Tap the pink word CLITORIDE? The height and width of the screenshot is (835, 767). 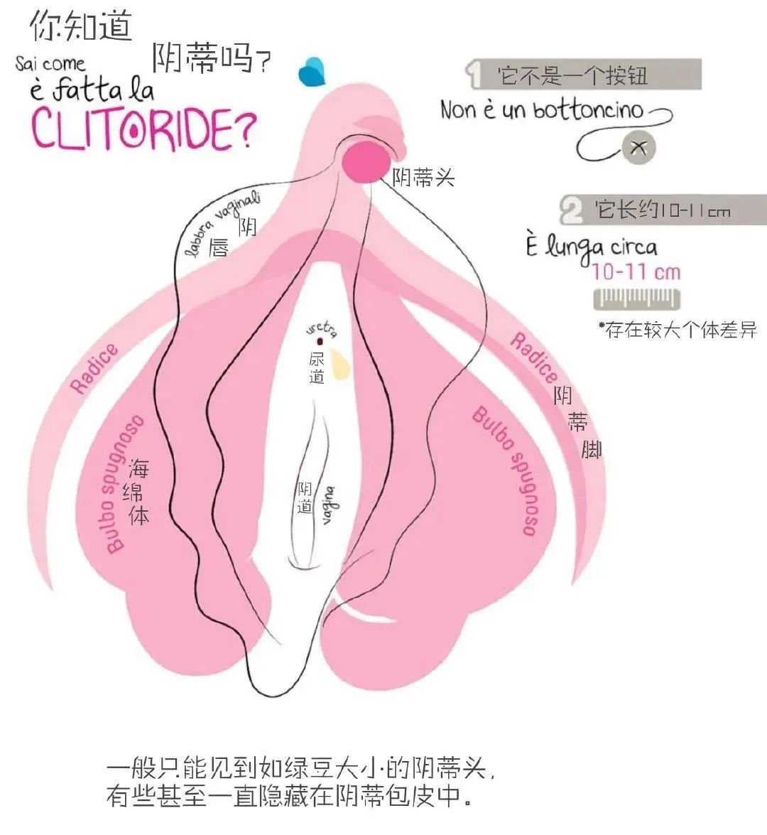point(142,127)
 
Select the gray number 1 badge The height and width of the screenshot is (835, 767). point(474,74)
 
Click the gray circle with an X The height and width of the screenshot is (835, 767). point(638,147)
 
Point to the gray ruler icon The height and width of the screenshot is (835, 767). point(636,299)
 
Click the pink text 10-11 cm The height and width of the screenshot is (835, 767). point(636,271)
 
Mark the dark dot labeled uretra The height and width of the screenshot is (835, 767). point(320,342)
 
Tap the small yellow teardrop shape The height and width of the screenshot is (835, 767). point(341,364)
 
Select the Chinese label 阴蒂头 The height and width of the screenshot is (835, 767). point(423,177)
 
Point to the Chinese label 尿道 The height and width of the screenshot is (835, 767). point(317,367)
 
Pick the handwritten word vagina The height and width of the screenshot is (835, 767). point(329,505)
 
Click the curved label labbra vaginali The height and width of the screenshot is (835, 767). point(222,224)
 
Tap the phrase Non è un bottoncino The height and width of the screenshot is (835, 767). point(541,110)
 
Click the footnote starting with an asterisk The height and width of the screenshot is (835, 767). point(677,330)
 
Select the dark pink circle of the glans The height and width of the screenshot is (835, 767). point(365,161)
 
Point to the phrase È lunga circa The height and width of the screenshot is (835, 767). point(592,247)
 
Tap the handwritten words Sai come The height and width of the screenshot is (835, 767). point(50,64)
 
